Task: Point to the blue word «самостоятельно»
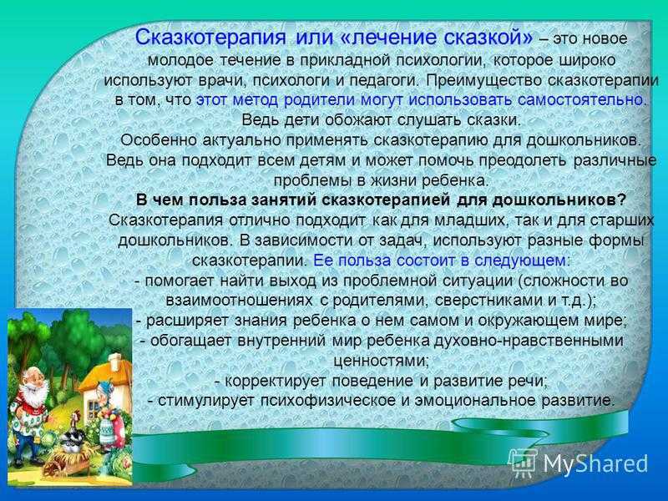(x=581, y=99)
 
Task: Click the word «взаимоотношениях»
(x=240, y=301)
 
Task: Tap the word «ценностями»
(x=381, y=361)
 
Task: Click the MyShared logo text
(x=595, y=463)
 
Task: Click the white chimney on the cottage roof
(x=114, y=362)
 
